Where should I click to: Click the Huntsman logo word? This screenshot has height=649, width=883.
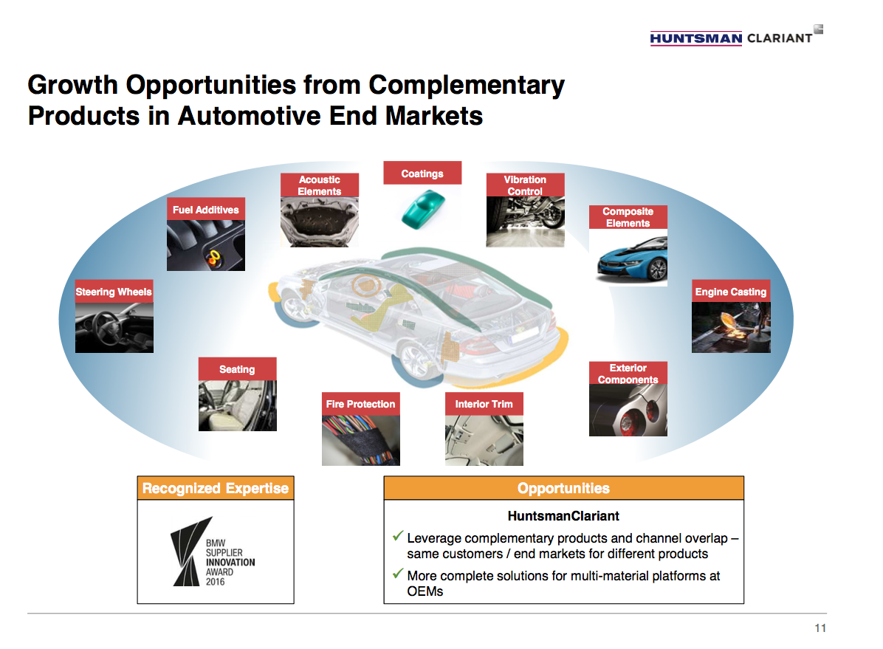click(695, 38)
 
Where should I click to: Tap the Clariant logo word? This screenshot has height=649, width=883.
click(780, 38)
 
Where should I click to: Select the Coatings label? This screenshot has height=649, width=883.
click(422, 173)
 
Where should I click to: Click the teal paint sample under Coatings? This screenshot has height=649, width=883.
click(423, 208)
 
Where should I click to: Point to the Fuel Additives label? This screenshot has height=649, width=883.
click(205, 209)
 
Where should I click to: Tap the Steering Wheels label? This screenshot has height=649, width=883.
click(114, 291)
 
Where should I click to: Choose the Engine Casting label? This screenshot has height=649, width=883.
click(730, 291)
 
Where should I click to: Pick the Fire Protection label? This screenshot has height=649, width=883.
click(360, 403)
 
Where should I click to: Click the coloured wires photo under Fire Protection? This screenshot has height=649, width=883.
click(360, 440)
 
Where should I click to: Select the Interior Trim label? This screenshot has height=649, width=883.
click(484, 403)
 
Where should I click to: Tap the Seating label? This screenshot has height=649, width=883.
click(237, 369)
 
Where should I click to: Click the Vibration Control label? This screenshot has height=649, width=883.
click(525, 185)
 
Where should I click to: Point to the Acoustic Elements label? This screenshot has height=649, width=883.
click(319, 185)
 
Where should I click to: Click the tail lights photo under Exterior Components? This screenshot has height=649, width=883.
click(628, 410)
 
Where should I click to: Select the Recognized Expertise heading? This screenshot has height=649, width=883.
click(215, 488)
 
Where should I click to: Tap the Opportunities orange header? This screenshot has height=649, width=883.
click(564, 488)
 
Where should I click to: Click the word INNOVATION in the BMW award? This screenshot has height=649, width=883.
click(230, 562)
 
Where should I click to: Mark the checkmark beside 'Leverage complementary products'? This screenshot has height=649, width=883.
click(398, 535)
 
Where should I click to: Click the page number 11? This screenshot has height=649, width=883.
click(820, 628)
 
